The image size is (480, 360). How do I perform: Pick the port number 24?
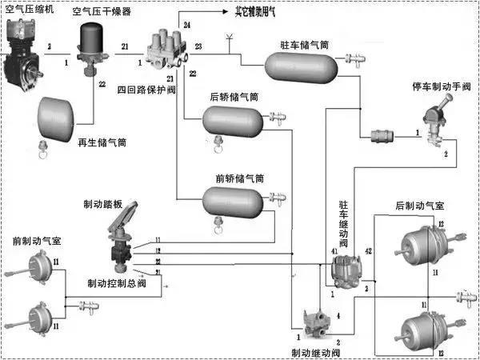(x=186, y=26)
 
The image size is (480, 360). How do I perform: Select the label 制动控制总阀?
(x=116, y=282)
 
